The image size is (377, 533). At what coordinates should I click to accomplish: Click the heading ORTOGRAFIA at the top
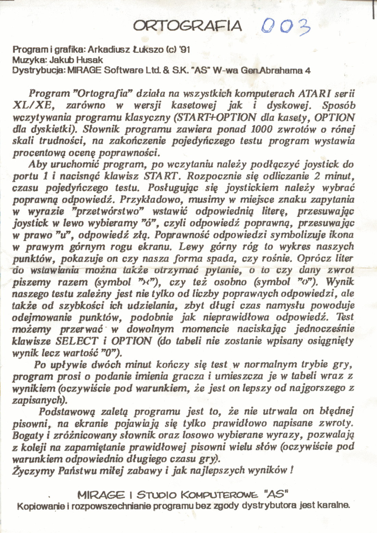[187, 26]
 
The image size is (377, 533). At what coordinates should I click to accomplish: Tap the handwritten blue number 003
[285, 26]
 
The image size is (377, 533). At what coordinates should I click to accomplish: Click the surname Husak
[90, 60]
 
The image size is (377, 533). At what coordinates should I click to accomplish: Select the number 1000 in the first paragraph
[262, 129]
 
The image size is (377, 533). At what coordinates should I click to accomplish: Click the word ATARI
[314, 93]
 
